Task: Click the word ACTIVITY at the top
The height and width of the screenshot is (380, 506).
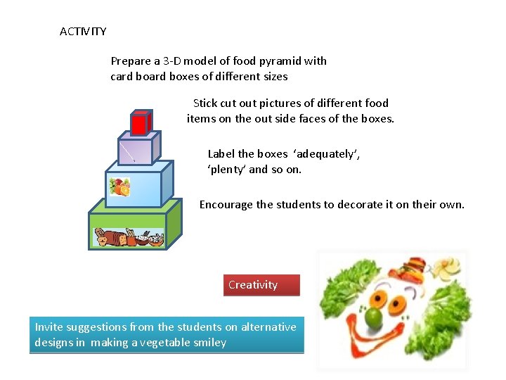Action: tap(83, 32)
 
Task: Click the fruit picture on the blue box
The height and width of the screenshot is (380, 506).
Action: tap(119, 187)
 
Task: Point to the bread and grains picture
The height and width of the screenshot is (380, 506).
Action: tap(129, 238)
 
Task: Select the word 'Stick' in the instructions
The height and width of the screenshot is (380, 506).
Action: tap(205, 103)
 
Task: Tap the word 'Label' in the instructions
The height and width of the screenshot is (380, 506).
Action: tap(221, 154)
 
